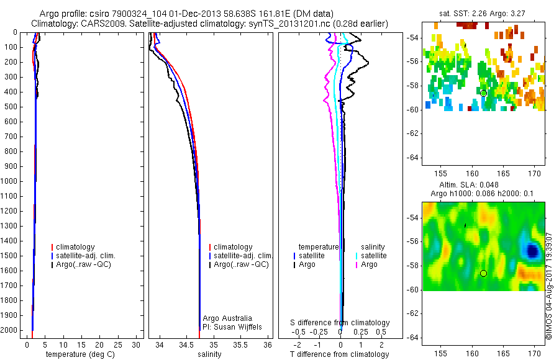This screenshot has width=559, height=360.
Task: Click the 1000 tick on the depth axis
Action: [x=9, y=181]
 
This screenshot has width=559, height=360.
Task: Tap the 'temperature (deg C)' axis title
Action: [x=80, y=354]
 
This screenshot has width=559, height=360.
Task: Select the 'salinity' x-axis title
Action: [x=209, y=354]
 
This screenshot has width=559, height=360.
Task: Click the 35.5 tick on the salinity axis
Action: [x=240, y=344]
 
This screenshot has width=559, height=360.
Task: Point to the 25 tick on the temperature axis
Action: [x=117, y=344]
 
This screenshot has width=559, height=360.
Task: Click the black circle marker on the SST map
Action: [x=483, y=93]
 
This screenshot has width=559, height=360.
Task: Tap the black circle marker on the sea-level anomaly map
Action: [x=483, y=273]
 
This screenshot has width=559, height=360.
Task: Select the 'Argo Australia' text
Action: [x=227, y=318]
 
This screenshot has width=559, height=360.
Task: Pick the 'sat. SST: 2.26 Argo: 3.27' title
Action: [x=482, y=14]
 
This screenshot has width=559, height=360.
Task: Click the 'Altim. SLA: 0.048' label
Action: [x=469, y=185]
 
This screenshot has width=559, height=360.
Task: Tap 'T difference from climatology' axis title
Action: [x=339, y=354]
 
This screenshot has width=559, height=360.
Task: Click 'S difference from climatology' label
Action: [x=340, y=323]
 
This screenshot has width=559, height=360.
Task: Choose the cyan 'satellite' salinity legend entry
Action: [x=371, y=256]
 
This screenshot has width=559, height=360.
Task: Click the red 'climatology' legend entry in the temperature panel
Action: [x=73, y=247]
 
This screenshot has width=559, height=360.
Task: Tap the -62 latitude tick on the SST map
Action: [x=413, y=133]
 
